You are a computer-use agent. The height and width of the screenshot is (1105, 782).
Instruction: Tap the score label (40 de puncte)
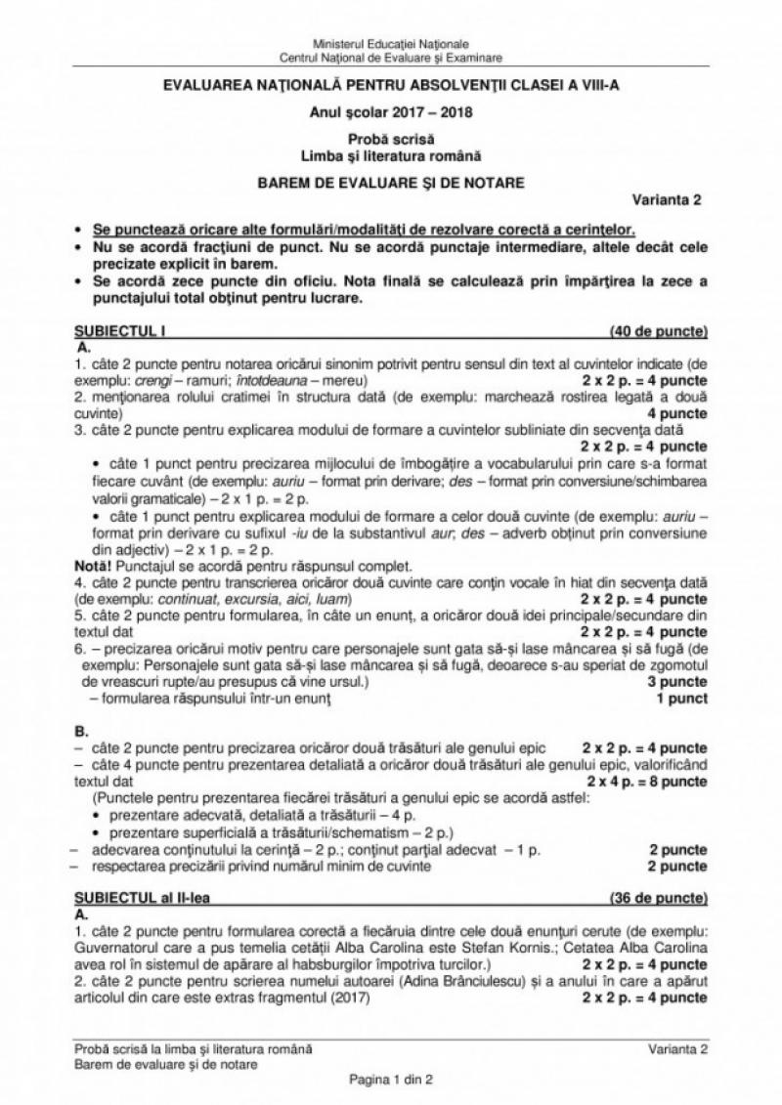point(658,331)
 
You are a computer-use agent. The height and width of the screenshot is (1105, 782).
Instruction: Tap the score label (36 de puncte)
point(658,896)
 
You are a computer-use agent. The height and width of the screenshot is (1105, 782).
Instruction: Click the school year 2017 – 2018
point(390,110)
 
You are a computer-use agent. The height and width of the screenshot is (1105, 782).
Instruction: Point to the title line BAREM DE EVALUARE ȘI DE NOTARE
point(390,182)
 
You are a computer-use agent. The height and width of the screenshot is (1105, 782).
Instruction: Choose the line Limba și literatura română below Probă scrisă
point(390,154)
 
